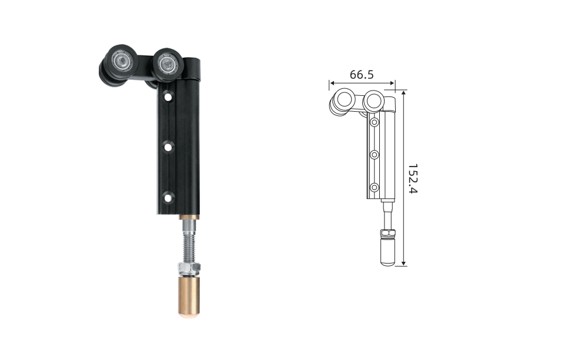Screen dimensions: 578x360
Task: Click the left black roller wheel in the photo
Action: coord(119,65)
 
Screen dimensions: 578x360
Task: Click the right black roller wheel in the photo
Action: coord(168,65)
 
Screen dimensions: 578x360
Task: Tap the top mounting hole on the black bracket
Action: coord(168,98)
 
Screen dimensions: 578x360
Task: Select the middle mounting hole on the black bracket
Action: coord(168,148)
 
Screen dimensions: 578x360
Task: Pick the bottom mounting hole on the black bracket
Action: coord(168,198)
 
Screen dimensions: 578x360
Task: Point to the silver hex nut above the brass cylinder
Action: coord(189,268)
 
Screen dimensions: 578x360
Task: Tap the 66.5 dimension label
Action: coord(362,75)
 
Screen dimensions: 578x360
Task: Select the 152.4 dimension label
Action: coord(413,179)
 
